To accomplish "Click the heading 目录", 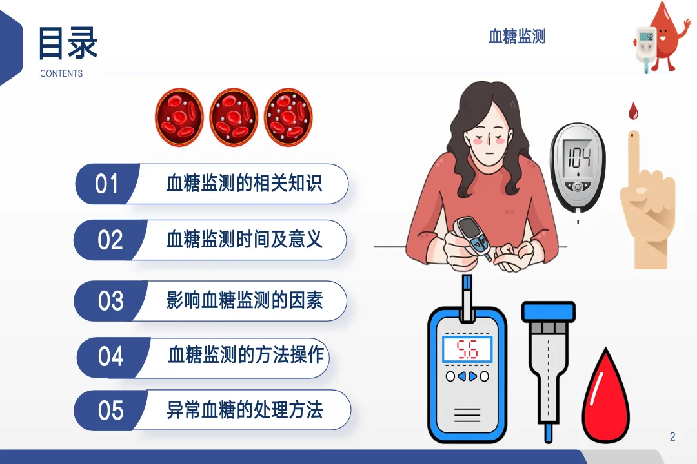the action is pos(68,43).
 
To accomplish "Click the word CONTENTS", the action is pos(61,73).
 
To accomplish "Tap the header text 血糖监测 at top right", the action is pos(517,36).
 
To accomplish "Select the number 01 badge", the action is pos(106,184).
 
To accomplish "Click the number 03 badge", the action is pos(110,300).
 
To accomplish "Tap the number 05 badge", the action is pos(110,411).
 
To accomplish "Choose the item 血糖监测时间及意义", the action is pos(244,240).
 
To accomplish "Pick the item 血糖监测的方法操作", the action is pos(246,355).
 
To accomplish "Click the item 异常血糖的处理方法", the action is pos(245,409).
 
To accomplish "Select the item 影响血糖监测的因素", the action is pos(245,300).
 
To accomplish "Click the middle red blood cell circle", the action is pos(234,117).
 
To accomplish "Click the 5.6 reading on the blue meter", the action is pos(467,349).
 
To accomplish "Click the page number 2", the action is pos(672,437).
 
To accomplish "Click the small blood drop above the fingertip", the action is pos(633,111).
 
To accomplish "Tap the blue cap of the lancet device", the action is pos(549,311).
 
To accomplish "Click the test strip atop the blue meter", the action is pos(467,297).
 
